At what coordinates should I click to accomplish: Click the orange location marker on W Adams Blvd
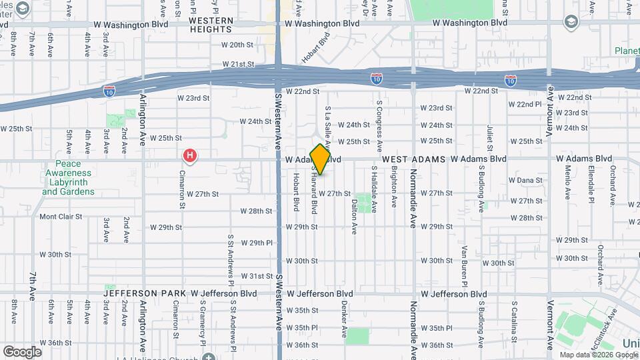(320, 159)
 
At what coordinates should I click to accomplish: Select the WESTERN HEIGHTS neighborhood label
(211, 25)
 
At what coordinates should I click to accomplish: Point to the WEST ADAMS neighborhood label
(414, 159)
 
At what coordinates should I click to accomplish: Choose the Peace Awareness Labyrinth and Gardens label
(68, 177)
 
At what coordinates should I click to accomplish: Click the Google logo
(22, 351)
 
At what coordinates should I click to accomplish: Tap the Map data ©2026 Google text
(597, 355)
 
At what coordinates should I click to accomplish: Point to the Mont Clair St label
(61, 217)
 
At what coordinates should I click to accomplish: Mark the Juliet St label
(489, 137)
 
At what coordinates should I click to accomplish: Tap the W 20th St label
(237, 45)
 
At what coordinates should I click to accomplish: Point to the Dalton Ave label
(354, 215)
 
